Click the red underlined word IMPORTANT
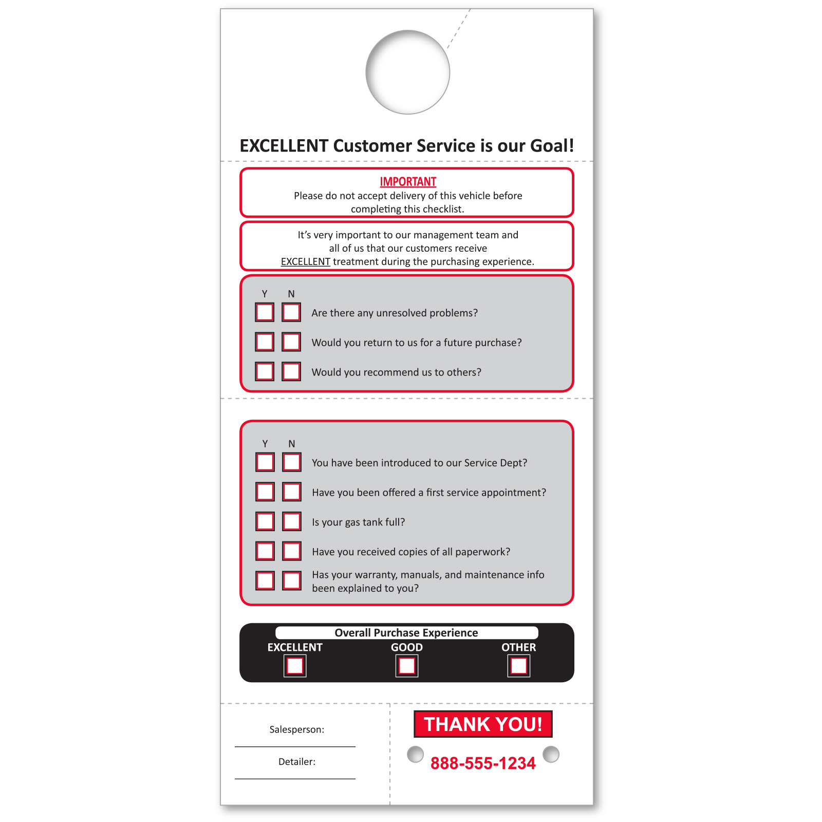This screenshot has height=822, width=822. pos(408,182)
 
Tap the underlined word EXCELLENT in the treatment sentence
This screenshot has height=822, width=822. pos(305,261)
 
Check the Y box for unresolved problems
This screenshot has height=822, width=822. pos(265,312)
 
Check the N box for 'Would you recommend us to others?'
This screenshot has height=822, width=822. pos(291,371)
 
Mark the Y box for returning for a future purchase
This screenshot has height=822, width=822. pos(265,342)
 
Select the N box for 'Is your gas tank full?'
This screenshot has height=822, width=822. pos(292,521)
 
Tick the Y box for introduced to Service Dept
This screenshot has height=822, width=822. pos(265,462)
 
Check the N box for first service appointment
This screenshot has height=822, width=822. pos(292,492)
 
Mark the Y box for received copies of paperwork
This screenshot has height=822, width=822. pos(265,551)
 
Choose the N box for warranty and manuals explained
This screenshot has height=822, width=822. pos(292,581)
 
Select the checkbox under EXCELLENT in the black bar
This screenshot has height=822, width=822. pos(295,666)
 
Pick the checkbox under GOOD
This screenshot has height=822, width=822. pos(407,666)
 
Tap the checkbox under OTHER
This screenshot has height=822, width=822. pos(519,666)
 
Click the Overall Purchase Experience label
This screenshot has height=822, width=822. pos(406,632)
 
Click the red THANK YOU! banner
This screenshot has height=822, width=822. pos(483,724)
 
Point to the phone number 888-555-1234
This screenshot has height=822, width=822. pos(483,763)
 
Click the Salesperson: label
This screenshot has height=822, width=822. pos(297,730)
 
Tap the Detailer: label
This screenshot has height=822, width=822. pos(297,762)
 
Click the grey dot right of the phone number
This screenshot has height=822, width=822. pos(551,754)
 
